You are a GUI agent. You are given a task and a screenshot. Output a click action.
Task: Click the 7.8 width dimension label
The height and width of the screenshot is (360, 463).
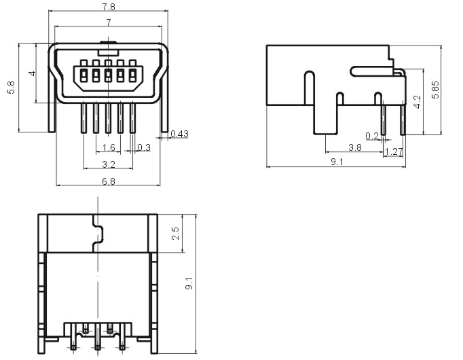(109, 7)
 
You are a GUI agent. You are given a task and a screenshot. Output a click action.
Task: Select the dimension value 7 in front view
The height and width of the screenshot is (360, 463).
(109, 22)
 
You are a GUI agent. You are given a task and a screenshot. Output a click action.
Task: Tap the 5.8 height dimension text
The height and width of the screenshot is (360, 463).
(11, 88)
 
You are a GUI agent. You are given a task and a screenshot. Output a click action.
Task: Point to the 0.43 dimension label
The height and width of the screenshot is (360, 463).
(179, 134)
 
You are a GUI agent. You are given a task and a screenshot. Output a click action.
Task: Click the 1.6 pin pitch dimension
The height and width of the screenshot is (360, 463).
(109, 147)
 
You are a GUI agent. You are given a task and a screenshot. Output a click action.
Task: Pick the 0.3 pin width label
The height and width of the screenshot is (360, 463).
(144, 147)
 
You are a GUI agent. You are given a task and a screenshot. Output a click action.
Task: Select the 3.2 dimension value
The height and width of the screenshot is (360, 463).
(109, 164)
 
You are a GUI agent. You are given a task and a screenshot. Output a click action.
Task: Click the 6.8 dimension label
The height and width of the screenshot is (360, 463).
(109, 181)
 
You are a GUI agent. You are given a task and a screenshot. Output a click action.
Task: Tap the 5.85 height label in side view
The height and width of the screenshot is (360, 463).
(435, 90)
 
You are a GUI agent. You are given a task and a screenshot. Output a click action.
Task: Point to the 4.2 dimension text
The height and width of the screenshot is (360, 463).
(418, 102)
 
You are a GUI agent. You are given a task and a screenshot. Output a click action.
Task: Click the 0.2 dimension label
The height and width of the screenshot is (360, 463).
(372, 136)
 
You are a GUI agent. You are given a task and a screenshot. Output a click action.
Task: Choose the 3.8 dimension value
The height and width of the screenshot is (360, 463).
(354, 147)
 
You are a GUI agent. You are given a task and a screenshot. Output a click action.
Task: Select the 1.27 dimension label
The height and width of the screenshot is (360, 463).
(394, 151)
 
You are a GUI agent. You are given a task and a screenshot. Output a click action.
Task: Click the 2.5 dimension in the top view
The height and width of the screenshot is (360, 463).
(175, 233)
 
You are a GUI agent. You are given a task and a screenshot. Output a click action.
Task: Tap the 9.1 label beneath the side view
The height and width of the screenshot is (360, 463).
(337, 162)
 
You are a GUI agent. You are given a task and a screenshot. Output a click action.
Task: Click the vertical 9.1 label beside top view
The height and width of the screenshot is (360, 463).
(189, 283)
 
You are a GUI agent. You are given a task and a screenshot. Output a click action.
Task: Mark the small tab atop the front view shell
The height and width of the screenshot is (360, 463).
(109, 42)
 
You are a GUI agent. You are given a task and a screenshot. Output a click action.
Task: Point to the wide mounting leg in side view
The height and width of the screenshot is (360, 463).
(325, 120)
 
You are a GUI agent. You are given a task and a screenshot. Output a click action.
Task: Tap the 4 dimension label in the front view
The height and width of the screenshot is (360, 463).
(33, 73)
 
